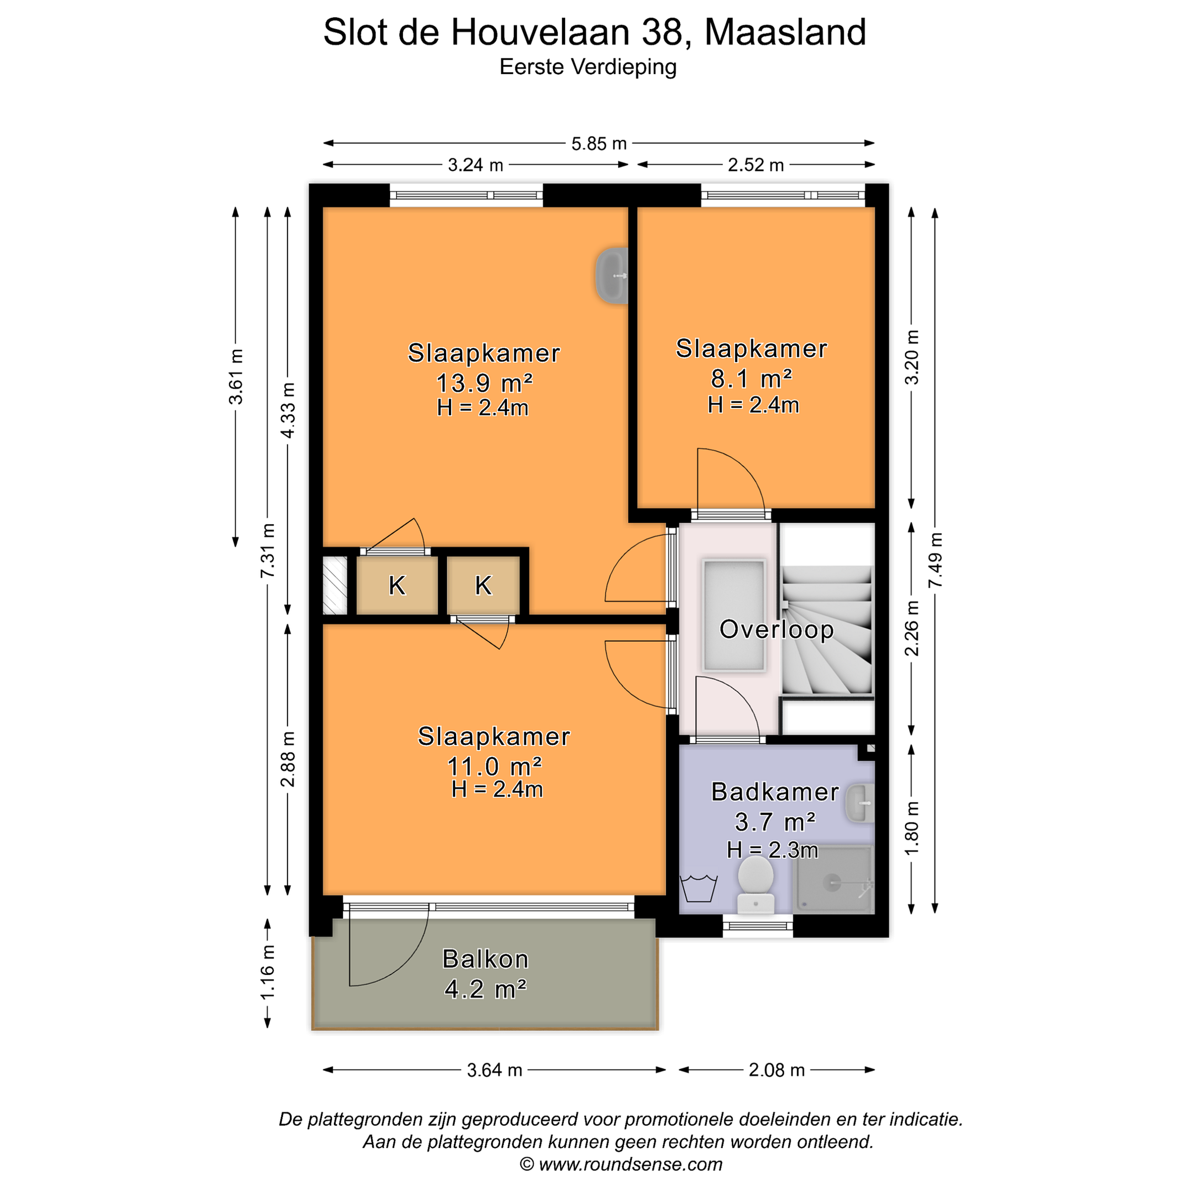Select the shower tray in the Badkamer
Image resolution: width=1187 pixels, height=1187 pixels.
click(x=833, y=880)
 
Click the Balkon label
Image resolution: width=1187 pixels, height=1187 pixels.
click(x=486, y=959)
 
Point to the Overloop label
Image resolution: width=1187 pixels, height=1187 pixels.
click(x=776, y=629)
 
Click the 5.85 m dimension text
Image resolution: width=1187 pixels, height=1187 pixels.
click(x=599, y=144)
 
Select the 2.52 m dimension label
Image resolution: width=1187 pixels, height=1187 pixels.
click(x=756, y=165)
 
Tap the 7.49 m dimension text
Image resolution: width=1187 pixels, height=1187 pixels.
click(x=935, y=561)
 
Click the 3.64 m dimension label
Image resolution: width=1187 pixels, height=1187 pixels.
click(x=495, y=1070)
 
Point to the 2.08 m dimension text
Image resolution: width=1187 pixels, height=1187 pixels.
click(x=776, y=1070)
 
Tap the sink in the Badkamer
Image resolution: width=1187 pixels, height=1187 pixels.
click(x=860, y=802)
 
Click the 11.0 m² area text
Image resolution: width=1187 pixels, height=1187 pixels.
click(x=495, y=766)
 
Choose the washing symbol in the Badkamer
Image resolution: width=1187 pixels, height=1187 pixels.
click(x=699, y=887)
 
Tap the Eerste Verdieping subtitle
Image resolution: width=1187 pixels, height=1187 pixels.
click(x=588, y=66)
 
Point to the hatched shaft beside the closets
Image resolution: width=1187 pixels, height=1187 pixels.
click(x=335, y=585)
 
